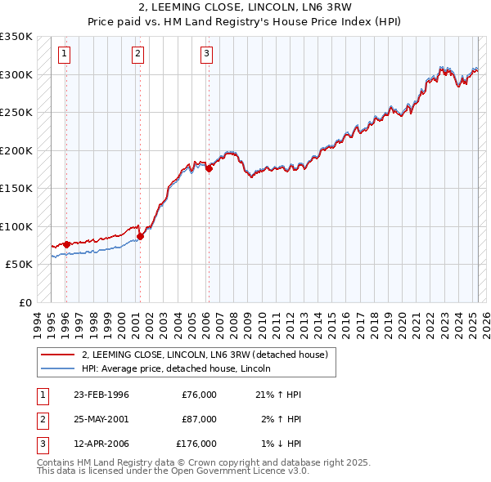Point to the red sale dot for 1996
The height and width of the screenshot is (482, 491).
[x=66, y=244]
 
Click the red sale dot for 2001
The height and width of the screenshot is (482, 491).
[x=140, y=237]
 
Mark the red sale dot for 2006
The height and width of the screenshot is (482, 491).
[x=209, y=169]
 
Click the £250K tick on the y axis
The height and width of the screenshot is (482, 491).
[x=17, y=113]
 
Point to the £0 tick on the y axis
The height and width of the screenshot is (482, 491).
[x=25, y=303]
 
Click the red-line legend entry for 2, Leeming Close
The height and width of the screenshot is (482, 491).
[x=205, y=355]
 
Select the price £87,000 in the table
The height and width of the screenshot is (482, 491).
[x=199, y=419]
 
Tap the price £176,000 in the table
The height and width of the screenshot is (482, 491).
[x=196, y=444]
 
